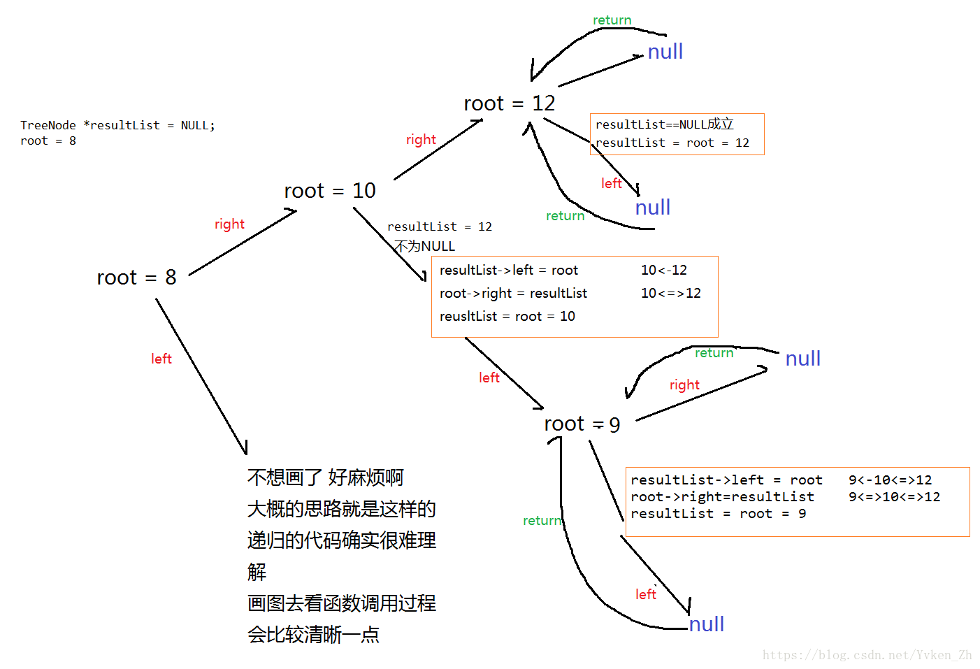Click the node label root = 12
click(x=509, y=103)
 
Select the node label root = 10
click(x=329, y=191)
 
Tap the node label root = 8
click(x=136, y=278)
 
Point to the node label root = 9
click(x=582, y=424)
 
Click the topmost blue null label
click(x=665, y=52)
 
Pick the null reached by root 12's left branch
click(x=652, y=208)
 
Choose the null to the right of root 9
click(x=802, y=359)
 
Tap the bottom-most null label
click(x=706, y=624)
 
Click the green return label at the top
click(x=612, y=20)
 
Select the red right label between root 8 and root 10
click(x=229, y=224)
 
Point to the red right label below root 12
click(x=421, y=140)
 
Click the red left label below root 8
click(x=161, y=359)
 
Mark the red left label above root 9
click(x=489, y=377)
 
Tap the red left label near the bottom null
click(x=645, y=594)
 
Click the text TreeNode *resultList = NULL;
click(x=117, y=125)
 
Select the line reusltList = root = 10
click(x=507, y=316)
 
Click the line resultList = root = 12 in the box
click(x=672, y=143)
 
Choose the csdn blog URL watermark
click(x=867, y=655)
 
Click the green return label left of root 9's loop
click(x=542, y=521)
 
